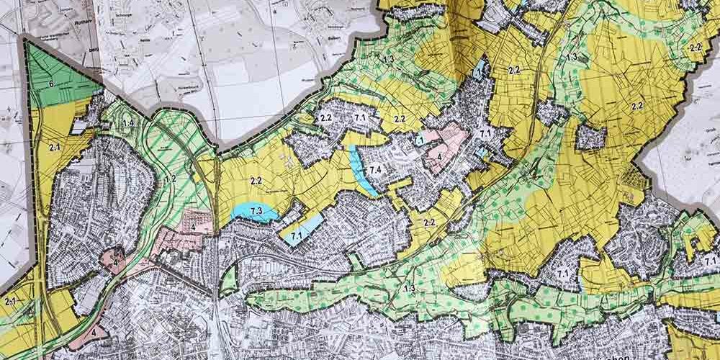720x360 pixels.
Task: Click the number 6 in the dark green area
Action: tap(52, 84)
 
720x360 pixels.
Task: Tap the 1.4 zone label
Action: tap(128, 124)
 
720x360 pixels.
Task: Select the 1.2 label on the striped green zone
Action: tap(171, 178)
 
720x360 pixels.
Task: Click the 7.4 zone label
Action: tap(374, 170)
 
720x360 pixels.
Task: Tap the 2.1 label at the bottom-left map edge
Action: tap(11, 301)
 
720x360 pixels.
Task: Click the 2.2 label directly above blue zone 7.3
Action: tap(254, 180)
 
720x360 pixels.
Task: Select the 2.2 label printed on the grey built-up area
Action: tap(325, 117)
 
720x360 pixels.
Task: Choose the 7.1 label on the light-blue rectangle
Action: tap(294, 235)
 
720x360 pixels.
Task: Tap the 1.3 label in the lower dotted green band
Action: tap(409, 288)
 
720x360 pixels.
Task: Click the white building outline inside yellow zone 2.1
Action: tap(77, 127)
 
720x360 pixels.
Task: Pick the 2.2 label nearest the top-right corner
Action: tap(696, 47)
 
